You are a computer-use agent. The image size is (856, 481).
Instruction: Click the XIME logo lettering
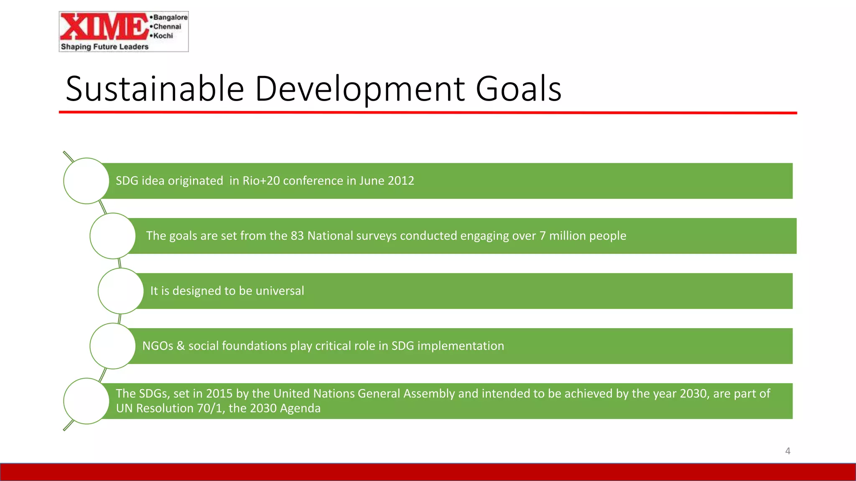pos(104,27)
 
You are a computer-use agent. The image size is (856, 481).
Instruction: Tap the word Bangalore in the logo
pos(170,17)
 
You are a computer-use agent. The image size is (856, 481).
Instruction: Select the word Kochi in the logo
pos(163,36)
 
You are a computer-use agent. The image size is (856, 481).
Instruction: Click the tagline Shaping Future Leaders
pos(104,47)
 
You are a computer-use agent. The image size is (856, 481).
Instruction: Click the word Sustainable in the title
pos(155,89)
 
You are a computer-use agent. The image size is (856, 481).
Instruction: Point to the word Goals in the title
pos(518,89)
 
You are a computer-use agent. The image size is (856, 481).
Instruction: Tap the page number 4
pos(787,451)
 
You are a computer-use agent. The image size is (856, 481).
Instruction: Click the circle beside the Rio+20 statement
pos(87,181)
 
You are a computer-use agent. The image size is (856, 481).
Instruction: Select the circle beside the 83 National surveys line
pos(112,236)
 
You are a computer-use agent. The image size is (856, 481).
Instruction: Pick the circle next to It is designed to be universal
pos(121,291)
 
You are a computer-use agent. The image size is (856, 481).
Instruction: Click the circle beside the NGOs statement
pos(112,346)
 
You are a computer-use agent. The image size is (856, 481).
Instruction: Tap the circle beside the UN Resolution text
pos(87,401)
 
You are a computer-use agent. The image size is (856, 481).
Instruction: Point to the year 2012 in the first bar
pos(401,181)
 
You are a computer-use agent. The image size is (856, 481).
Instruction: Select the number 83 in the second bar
pos(297,236)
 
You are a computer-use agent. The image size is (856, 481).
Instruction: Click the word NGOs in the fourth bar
pos(158,346)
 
